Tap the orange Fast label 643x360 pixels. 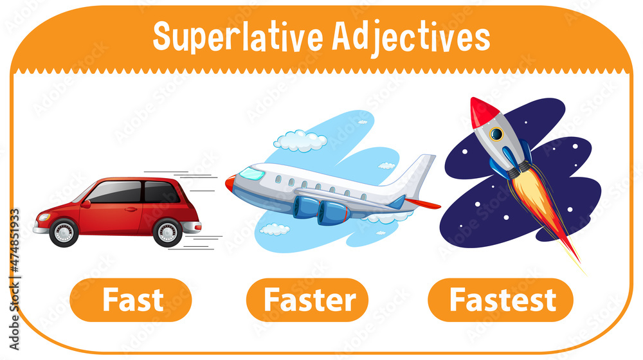pos(131,300)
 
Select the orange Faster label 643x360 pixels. pos(307,300)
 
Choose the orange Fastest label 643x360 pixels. pos(500,300)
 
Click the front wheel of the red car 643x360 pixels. pos(64,231)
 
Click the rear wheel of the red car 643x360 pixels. pos(168,231)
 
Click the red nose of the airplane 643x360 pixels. pos(230,183)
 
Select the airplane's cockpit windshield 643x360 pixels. pos(251,174)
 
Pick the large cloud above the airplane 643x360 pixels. pos(299,140)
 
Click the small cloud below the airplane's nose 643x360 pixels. pos(275,229)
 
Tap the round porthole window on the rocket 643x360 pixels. pos(496,134)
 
